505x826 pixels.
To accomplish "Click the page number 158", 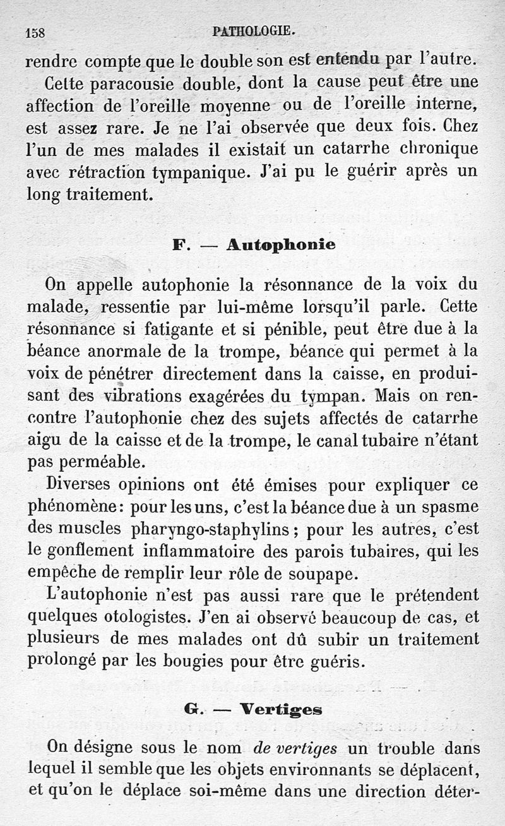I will coord(35,32).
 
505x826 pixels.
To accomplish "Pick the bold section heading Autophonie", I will coord(280,244).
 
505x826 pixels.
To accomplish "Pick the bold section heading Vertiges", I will coord(279,710).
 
